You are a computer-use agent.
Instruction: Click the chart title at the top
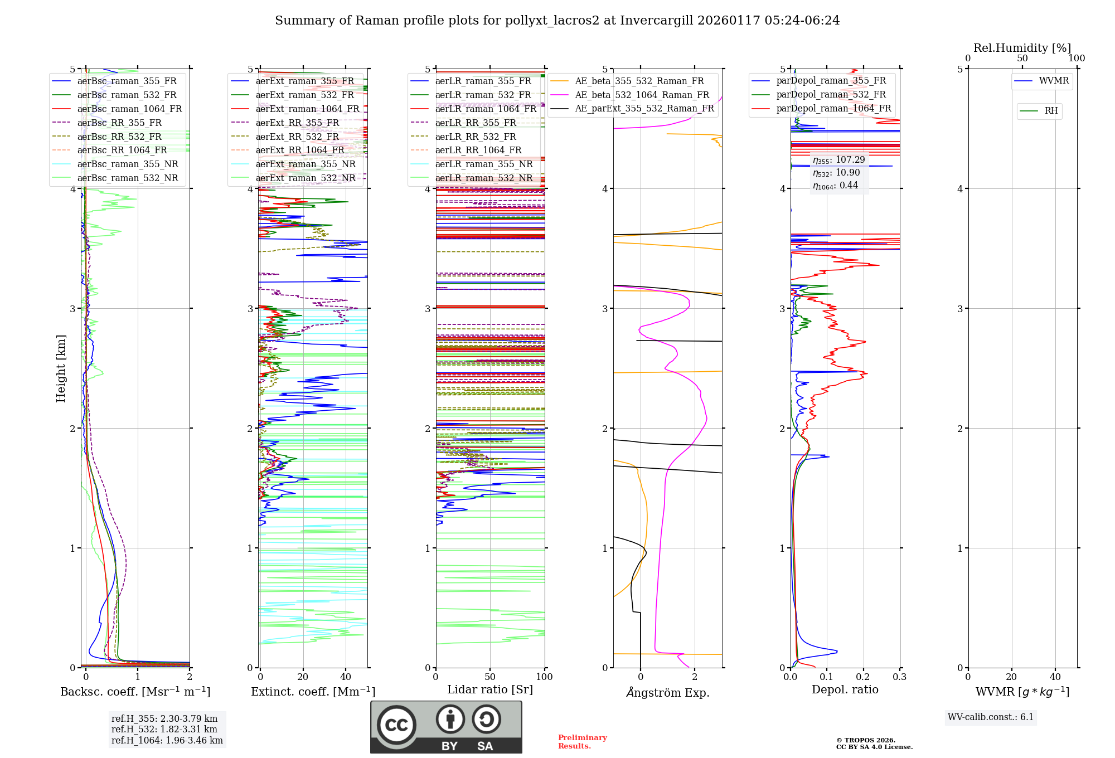tap(557, 21)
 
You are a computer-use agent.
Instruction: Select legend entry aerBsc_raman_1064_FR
tap(129, 109)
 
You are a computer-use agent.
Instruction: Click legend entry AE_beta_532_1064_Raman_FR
tap(642, 95)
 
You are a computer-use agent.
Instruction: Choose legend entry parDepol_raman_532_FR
tap(831, 95)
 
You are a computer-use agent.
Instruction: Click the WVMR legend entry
tap(1054, 81)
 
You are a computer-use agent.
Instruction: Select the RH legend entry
tap(1051, 111)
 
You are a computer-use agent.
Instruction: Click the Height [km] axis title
tap(61, 368)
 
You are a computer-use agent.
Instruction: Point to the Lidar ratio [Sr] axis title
tap(490, 689)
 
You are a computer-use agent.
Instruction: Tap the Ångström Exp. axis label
tap(668, 692)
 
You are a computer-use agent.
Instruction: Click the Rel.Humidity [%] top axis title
tap(1022, 48)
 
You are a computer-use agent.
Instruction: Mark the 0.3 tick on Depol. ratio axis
tap(899, 677)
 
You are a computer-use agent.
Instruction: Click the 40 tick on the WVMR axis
tap(1055, 677)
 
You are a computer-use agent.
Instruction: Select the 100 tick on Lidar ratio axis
tap(544, 677)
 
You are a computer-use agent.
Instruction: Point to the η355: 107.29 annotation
tap(838, 160)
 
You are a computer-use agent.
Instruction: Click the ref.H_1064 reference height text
tap(167, 740)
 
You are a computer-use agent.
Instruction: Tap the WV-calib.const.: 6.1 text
tap(990, 717)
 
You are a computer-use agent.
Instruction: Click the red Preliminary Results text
tap(582, 741)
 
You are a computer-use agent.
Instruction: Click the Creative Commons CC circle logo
tap(396, 725)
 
